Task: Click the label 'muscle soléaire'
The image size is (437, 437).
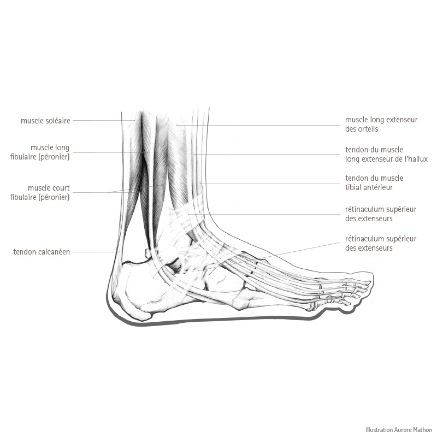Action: click(45, 121)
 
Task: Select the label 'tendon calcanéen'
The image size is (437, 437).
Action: click(42, 252)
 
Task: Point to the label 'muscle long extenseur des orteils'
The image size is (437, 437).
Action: click(381, 125)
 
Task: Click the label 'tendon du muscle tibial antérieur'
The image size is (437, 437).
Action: click(374, 182)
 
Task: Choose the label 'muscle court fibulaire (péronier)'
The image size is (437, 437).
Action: click(40, 193)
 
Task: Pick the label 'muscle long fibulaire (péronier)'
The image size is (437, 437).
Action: click(40, 152)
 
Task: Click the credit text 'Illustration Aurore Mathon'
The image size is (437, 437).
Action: click(399, 430)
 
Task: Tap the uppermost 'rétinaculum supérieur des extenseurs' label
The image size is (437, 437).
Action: click(381, 214)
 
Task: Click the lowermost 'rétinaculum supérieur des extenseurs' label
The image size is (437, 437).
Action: click(381, 243)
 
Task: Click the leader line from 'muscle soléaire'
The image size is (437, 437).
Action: click(104, 120)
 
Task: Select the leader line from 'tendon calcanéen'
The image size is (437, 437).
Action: click(95, 252)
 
